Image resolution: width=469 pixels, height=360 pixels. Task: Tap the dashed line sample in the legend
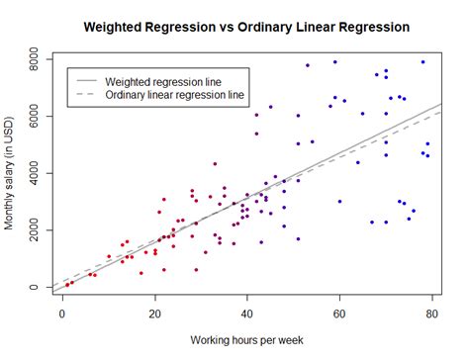(x=85, y=96)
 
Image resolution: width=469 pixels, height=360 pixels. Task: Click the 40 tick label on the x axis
(x=247, y=315)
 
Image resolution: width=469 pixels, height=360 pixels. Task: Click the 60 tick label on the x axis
(x=339, y=315)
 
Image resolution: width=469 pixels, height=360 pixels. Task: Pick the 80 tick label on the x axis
(x=431, y=315)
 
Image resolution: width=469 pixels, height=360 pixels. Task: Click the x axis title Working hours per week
(x=247, y=339)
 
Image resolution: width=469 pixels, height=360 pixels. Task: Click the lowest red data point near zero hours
(x=67, y=285)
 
